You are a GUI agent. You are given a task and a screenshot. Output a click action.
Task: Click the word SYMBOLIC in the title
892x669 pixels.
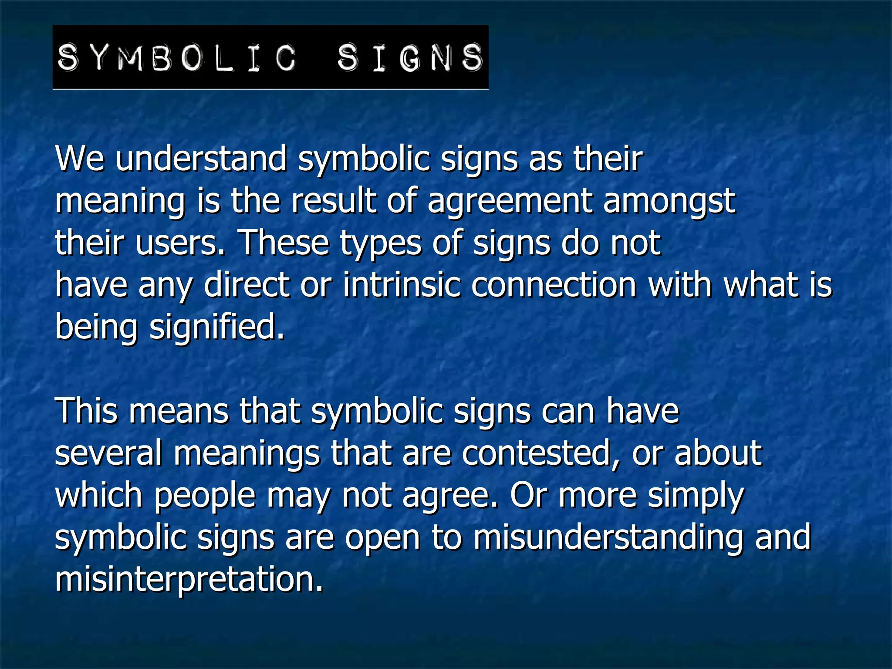coord(176,57)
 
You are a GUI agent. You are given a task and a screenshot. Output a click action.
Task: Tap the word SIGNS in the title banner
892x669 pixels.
coord(410,57)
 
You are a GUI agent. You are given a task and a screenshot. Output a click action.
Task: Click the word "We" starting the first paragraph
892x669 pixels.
coord(80,159)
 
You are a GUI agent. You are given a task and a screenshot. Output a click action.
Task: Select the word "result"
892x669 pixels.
coord(333,201)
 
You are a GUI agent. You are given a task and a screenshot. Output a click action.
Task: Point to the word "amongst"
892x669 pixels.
coord(669,201)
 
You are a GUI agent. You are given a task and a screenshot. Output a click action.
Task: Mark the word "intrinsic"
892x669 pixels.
coord(402,285)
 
